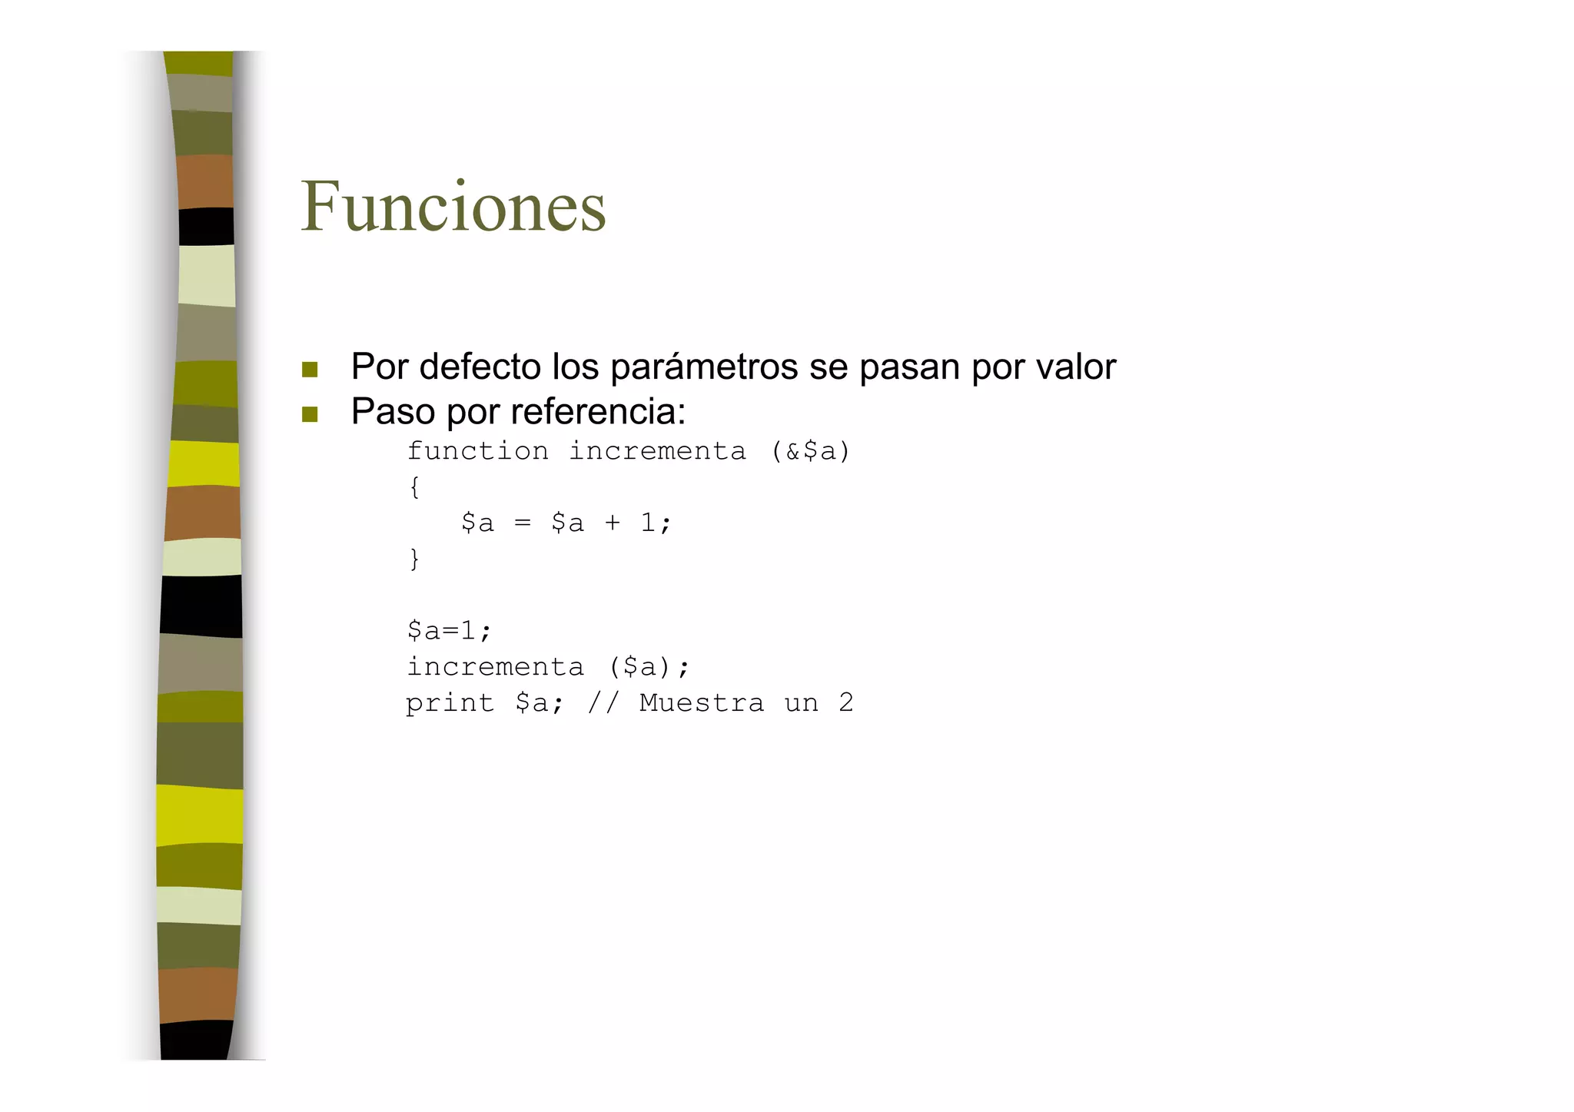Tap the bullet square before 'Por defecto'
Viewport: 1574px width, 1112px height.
[x=310, y=370]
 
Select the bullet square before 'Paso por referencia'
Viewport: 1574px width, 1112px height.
[x=310, y=415]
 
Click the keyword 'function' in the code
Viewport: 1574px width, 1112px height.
[x=478, y=451]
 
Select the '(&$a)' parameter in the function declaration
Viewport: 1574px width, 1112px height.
[x=811, y=451]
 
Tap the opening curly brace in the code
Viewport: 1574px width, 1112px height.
[x=414, y=487]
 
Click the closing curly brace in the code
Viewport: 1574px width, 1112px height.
[x=414, y=559]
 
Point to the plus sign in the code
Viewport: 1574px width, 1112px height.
[x=612, y=523]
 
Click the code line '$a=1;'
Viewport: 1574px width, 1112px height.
[x=449, y=631]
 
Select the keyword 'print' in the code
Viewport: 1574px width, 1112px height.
[x=450, y=703]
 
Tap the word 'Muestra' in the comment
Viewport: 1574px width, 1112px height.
[x=702, y=703]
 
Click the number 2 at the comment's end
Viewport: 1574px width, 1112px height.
[x=845, y=703]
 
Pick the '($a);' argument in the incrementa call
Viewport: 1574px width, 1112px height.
[x=649, y=667]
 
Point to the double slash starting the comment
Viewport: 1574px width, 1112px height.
[x=603, y=703]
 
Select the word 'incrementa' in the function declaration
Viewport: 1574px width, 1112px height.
[x=657, y=451]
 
